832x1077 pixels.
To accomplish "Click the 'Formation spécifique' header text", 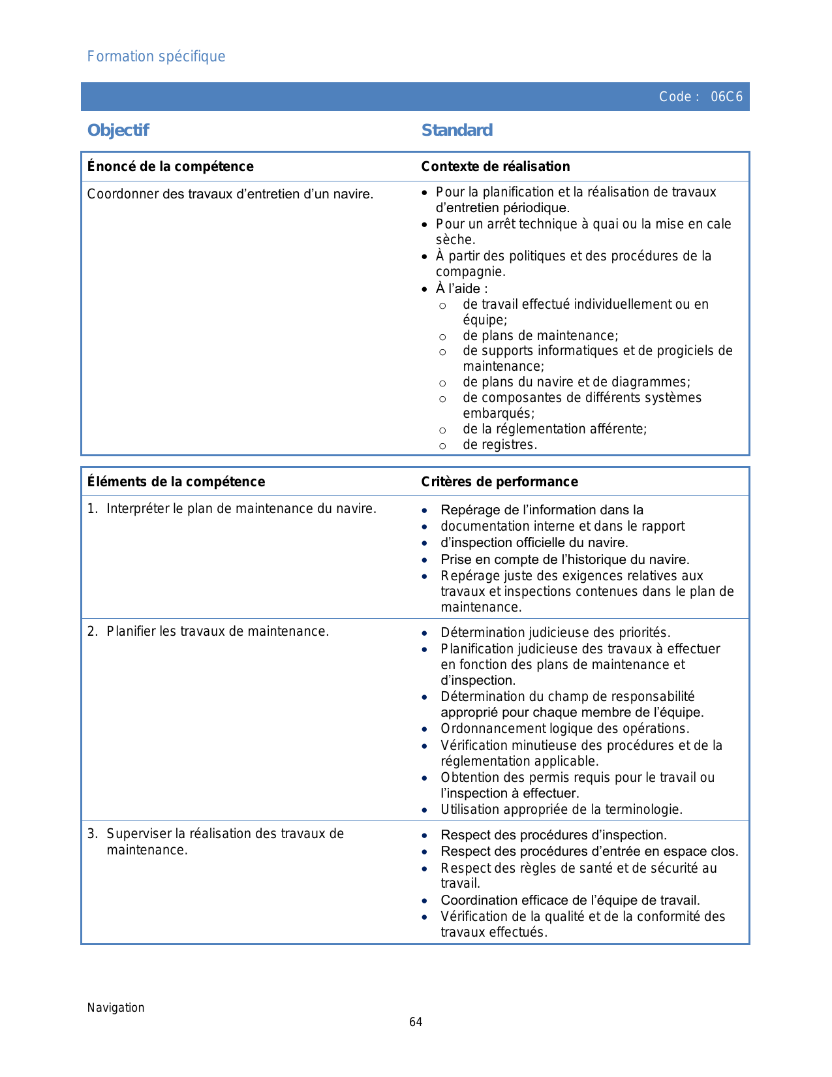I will click(x=156, y=57).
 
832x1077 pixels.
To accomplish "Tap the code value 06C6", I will click(x=726, y=97).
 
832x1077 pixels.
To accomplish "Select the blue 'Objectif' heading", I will click(x=118, y=131).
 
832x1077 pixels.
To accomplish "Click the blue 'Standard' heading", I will click(x=457, y=131).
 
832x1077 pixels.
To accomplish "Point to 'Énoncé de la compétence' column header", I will click(x=170, y=166).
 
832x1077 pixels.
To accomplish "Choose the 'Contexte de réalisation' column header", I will click(x=495, y=166).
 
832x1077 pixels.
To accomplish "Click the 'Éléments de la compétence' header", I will click(x=176, y=482).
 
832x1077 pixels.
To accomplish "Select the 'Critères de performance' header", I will click(x=499, y=482).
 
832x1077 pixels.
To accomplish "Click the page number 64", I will click(x=416, y=1022).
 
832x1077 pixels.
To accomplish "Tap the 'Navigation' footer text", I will click(x=116, y=1008).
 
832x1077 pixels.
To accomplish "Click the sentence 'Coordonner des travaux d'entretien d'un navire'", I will click(x=230, y=195).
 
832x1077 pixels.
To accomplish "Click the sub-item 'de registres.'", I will click(x=500, y=445).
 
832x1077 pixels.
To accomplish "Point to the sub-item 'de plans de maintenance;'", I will click(x=540, y=336).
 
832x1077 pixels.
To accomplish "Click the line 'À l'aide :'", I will click(x=461, y=289).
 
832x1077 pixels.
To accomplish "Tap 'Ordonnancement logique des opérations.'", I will click(x=564, y=729).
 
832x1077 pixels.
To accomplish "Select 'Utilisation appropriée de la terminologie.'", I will click(x=561, y=810).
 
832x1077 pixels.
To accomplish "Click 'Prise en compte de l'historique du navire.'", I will click(x=564, y=560).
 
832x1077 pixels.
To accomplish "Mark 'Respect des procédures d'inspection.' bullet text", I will click(x=553, y=835).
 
